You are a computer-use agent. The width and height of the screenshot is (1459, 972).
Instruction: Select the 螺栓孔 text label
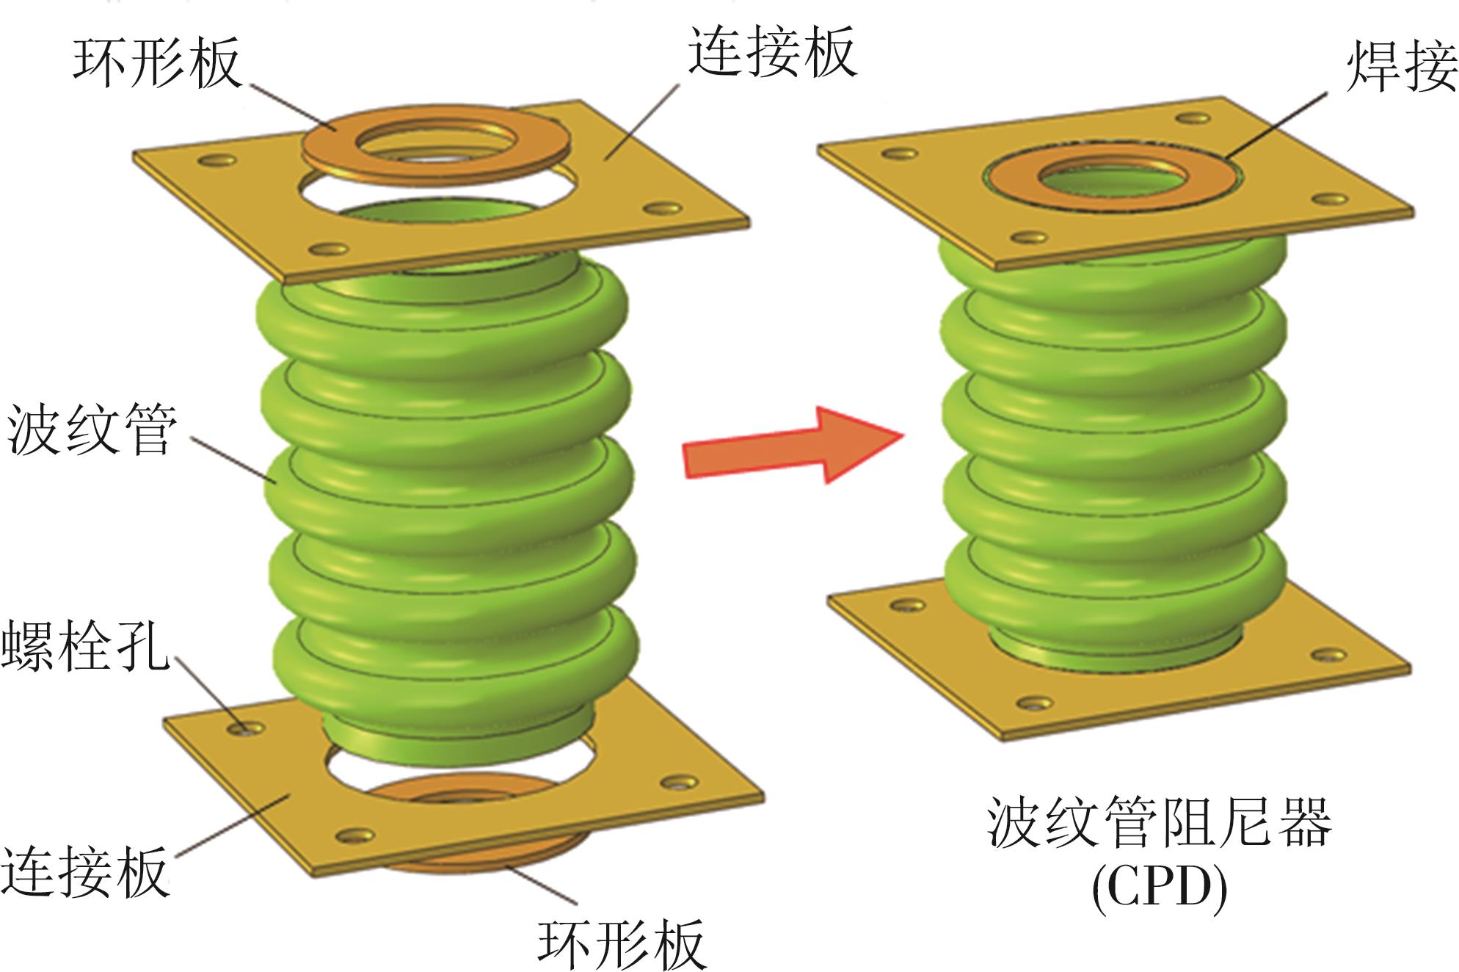click(x=84, y=646)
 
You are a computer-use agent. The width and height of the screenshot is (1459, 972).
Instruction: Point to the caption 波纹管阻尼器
click(x=1160, y=822)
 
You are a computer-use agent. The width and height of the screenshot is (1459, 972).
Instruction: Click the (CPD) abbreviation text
click(x=1160, y=888)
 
